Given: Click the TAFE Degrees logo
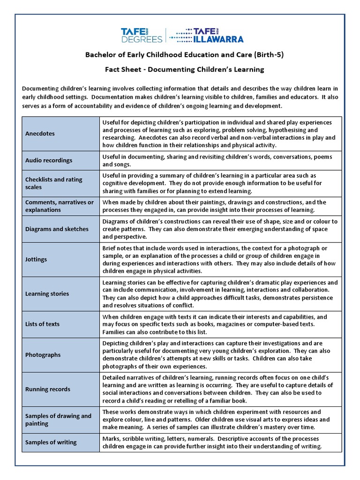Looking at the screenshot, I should (x=142, y=35).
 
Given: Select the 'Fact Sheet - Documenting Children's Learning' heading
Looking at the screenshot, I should (x=184, y=69).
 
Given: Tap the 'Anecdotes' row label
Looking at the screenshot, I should (x=40, y=134).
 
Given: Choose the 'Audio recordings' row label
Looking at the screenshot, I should (x=49, y=160).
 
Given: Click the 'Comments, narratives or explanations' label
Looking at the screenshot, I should (x=59, y=206).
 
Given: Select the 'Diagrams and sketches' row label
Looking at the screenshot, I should (x=57, y=229).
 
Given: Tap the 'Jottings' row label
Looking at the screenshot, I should (x=36, y=259).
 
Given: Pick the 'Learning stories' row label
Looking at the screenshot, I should (x=47, y=294).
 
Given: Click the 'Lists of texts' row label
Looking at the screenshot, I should (x=42, y=324).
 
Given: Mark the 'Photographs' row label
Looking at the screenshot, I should (x=43, y=355).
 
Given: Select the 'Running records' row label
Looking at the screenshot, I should (x=48, y=389).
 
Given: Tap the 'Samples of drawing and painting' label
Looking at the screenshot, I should (x=58, y=420).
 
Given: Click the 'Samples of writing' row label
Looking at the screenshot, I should (x=51, y=442).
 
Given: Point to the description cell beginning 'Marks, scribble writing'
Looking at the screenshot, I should (x=220, y=442).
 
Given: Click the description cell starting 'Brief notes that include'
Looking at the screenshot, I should (x=220, y=259).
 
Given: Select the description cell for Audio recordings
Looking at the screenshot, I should (x=220, y=160).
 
